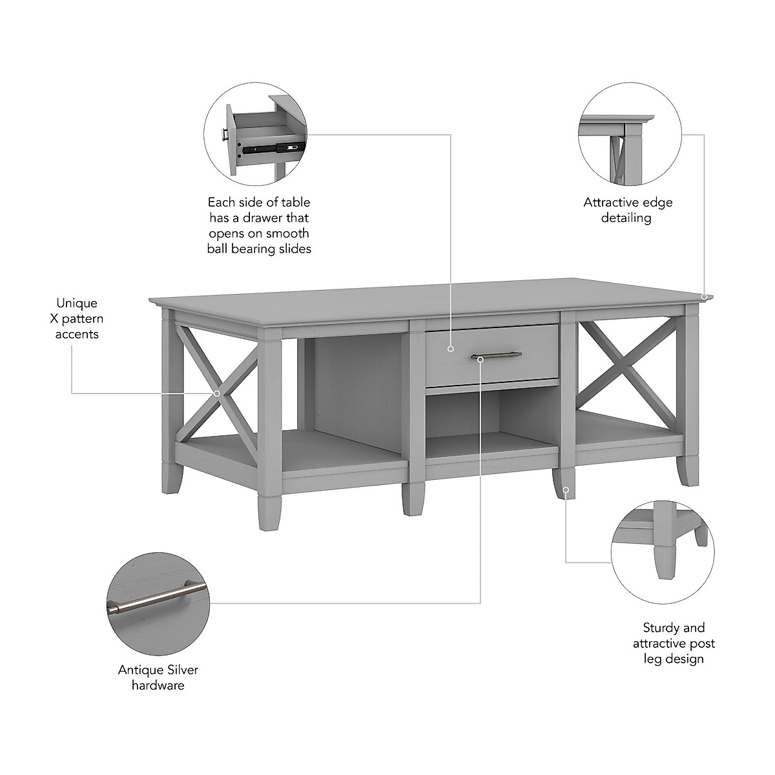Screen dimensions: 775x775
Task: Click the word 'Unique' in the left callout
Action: pos(77,303)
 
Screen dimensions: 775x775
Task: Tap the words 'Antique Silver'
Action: pos(158,670)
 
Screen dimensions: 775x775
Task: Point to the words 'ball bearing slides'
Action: pos(259,249)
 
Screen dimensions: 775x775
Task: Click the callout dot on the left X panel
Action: pos(217,393)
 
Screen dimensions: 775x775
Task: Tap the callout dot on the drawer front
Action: pos(450,349)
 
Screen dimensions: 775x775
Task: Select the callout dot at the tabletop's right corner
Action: pos(706,297)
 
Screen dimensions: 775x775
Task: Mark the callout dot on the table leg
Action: pos(566,490)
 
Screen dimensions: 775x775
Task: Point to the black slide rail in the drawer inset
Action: pos(268,147)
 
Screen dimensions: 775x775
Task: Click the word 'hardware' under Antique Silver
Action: pos(158,685)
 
